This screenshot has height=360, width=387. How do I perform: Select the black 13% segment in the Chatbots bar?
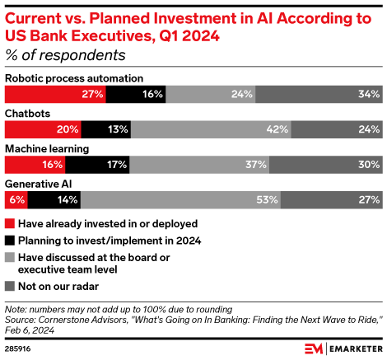106,129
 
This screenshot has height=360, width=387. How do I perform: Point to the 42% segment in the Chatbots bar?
211,129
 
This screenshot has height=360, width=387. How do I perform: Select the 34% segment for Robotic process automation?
318,94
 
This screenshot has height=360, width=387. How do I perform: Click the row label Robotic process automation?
74,78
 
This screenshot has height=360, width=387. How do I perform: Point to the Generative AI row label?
40,183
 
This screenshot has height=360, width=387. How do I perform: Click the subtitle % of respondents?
65,55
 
